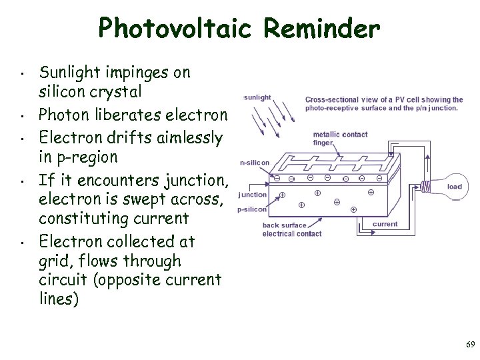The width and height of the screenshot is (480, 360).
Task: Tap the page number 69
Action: coord(471,345)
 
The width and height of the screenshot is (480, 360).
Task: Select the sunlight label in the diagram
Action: coord(257,97)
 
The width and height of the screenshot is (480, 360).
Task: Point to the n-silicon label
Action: coord(255,163)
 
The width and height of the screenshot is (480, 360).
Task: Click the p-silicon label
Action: coord(252,209)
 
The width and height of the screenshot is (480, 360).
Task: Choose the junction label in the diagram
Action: coord(253,195)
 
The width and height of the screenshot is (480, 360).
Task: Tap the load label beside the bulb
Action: coord(455,187)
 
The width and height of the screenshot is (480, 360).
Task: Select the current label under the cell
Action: coord(385,224)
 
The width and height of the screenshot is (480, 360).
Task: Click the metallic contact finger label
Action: coord(340,138)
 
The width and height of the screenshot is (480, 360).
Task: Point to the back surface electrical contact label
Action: coord(291,229)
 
